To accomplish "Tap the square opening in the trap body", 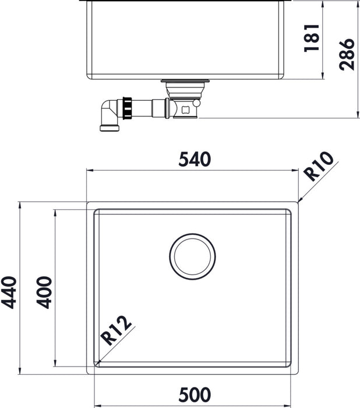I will [186, 108].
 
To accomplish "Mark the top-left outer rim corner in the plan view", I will [88, 203].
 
